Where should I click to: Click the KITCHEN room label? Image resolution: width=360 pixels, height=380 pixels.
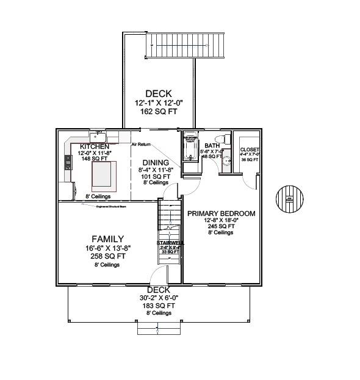[x=95, y=147]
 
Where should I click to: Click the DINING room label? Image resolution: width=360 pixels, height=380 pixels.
[x=156, y=162]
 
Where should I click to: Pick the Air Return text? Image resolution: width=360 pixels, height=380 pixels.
[x=141, y=145]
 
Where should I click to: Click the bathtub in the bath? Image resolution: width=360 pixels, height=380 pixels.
[x=191, y=147]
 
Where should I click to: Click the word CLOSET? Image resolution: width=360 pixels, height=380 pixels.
[x=250, y=149]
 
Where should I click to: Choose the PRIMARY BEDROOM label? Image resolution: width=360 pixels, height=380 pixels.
[x=221, y=213]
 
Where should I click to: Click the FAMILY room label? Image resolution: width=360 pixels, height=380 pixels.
[x=108, y=239]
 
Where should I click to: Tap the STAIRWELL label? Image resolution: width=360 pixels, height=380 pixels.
[x=170, y=243]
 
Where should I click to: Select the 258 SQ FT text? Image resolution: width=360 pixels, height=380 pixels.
[x=108, y=256]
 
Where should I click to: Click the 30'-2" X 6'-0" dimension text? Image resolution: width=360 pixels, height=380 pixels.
[x=157, y=298]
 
